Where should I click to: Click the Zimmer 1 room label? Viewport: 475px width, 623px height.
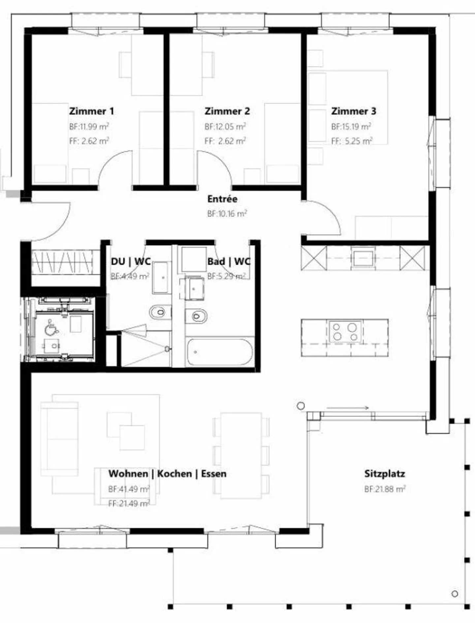pyautogui.click(x=91, y=111)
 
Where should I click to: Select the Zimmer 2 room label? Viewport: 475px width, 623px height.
pyautogui.click(x=227, y=111)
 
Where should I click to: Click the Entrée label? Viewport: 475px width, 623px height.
pyautogui.click(x=222, y=199)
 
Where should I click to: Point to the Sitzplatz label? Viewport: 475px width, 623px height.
pyautogui.click(x=384, y=474)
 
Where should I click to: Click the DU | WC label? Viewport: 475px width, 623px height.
pyautogui.click(x=131, y=262)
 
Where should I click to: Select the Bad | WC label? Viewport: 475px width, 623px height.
pyautogui.click(x=229, y=262)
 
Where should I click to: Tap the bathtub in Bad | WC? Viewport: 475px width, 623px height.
pyautogui.click(x=219, y=352)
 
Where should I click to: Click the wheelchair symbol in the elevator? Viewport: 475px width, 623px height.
pyautogui.click(x=51, y=327)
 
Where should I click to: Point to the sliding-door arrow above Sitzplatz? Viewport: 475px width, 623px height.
pyautogui.click(x=347, y=408)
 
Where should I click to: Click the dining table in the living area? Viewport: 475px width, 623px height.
pyautogui.click(x=241, y=455)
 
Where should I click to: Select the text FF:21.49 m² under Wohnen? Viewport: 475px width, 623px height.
pyautogui.click(x=129, y=503)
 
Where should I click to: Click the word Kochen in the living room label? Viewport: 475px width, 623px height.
pyautogui.click(x=174, y=474)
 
